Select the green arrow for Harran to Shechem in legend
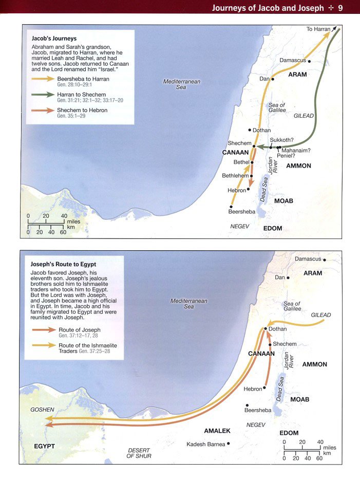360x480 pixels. [43, 95]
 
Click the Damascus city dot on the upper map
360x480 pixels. [309, 61]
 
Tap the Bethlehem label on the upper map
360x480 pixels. [235, 176]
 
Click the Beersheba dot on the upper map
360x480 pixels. [231, 206]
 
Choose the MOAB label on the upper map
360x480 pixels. [283, 201]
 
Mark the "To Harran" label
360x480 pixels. [318, 29]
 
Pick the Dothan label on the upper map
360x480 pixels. [261, 131]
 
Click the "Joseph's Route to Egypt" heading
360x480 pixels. [64, 264]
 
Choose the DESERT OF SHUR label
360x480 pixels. [139, 453]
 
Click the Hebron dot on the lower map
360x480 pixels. [266, 389]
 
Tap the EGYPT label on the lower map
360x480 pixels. [44, 446]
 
